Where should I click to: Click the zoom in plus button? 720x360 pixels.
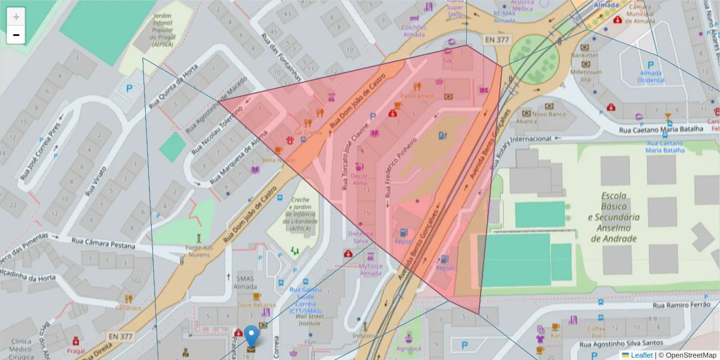tap(16, 16)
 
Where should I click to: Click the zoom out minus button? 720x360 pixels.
tap(16, 35)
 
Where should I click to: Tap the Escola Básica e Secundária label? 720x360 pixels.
tap(613, 217)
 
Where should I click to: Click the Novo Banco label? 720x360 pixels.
tap(549, 114)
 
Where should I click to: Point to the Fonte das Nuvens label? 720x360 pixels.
tap(199, 251)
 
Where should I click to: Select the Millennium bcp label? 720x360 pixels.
tap(586, 75)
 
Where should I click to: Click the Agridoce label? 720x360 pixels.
tap(409, 349)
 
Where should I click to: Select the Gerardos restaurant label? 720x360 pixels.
tap(128, 308)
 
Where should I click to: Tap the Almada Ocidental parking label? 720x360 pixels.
tap(650, 76)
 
